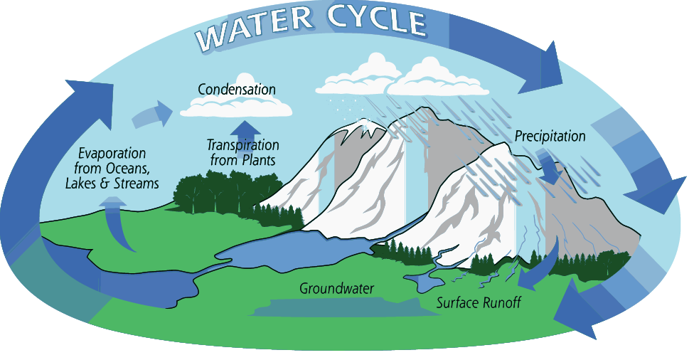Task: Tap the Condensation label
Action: [236, 90]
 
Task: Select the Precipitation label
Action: [550, 136]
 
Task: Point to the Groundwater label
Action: [336, 289]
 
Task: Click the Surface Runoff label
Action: [479, 302]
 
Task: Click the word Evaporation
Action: [112, 154]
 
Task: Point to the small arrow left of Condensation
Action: [152, 112]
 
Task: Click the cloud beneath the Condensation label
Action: [236, 108]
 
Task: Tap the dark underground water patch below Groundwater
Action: [334, 307]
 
